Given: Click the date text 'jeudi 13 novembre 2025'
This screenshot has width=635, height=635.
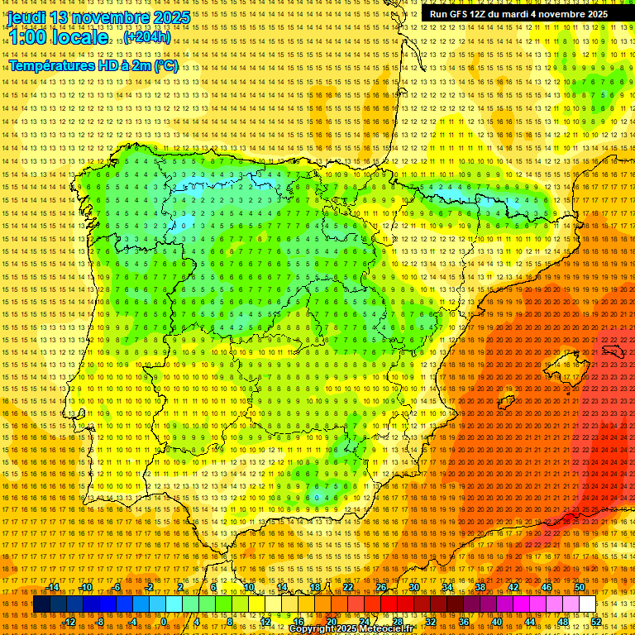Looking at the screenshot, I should (x=98, y=17).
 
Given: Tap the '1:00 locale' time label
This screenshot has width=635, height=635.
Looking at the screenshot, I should (x=58, y=38).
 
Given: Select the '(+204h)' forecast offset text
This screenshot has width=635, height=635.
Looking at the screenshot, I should (x=147, y=38).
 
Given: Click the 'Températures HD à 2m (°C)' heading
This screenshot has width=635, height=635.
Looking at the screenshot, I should (x=93, y=65).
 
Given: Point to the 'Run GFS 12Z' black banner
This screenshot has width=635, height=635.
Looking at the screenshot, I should (x=518, y=14).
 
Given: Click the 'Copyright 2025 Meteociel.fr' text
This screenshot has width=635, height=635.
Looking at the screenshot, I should (x=362, y=628).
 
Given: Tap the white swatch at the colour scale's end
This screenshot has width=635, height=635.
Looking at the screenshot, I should (x=587, y=604).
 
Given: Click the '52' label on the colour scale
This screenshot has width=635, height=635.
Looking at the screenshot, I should (x=596, y=621).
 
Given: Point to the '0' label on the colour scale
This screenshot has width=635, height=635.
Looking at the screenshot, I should (x=165, y=621).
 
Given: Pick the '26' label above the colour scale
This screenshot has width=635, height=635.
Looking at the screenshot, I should (x=380, y=587).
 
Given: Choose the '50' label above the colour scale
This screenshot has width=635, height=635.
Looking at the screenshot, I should (x=579, y=587).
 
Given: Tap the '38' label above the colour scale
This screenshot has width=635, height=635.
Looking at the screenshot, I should (x=480, y=587).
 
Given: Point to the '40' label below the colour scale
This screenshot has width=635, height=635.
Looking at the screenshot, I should (x=496, y=621).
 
